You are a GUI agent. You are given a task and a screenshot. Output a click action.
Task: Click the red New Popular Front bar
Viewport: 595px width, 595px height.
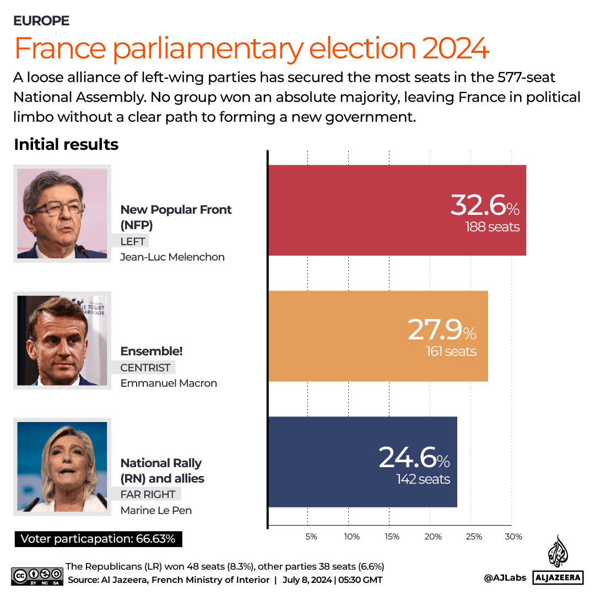pos(397,210)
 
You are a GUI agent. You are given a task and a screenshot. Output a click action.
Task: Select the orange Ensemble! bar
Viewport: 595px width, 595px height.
pos(378,336)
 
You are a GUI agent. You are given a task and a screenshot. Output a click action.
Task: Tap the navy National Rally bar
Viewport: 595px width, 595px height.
pos(363,462)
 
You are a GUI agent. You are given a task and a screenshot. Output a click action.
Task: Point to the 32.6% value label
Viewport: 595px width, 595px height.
pos(484,205)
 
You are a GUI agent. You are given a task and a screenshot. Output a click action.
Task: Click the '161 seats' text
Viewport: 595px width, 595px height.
pos(451,351)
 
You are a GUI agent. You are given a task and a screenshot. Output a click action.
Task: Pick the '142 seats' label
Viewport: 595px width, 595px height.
pos(423,479)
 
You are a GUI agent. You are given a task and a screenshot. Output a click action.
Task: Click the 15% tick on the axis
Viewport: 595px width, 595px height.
pos(392,537)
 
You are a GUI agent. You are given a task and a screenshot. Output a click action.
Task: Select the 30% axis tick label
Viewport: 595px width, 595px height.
pos(513,537)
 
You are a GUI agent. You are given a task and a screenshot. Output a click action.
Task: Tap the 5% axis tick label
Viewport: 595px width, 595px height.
pos(311,537)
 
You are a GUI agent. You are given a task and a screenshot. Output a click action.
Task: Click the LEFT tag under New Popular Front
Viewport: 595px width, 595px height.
pos(134,241)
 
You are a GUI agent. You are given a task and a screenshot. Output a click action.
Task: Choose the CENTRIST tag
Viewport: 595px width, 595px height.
pos(146,367)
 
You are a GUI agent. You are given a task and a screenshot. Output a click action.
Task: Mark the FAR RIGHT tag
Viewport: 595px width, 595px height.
pos(148,494)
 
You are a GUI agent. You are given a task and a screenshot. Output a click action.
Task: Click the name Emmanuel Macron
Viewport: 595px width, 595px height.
pos(169,383)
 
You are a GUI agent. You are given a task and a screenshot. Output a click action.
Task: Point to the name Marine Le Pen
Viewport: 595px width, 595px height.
pos(156,510)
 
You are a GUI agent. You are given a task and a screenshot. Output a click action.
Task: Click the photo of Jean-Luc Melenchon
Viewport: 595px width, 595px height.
pos(62,214)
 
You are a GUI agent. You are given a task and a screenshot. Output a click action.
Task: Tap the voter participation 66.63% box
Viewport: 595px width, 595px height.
pos(98,539)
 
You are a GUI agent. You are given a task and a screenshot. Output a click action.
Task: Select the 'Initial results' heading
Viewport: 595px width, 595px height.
pos(66,144)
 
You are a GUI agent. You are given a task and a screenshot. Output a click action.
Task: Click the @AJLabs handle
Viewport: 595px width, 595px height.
pos(505,577)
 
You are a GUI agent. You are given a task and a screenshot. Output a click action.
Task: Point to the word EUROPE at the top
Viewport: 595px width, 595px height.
pos(42,21)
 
